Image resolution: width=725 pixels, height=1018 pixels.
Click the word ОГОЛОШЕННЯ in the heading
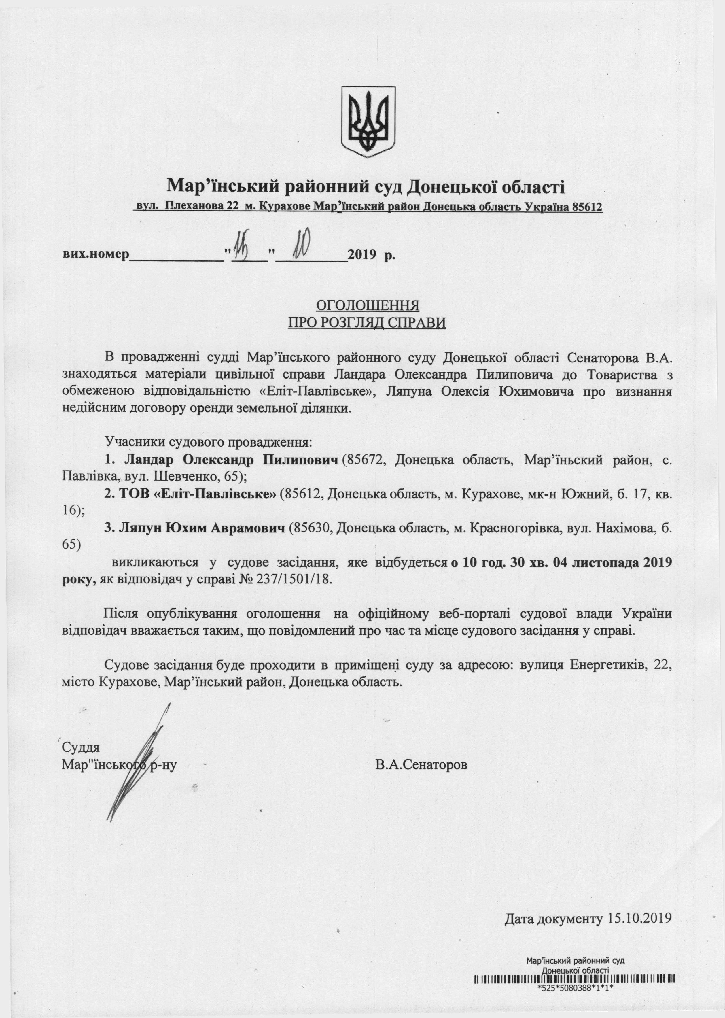(x=368, y=305)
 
